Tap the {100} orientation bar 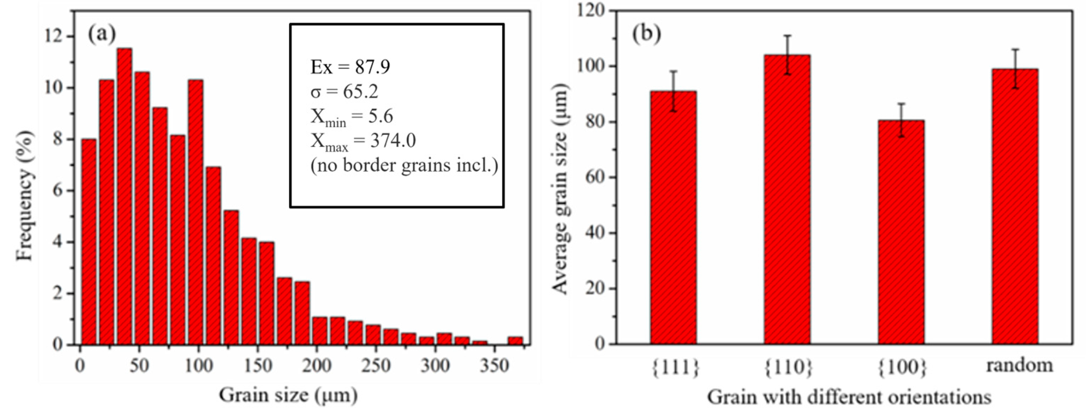point(901,232)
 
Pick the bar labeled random point(1015,206)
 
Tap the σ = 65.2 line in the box point(344,91)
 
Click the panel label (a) point(101,34)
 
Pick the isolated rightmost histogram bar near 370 point(515,340)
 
